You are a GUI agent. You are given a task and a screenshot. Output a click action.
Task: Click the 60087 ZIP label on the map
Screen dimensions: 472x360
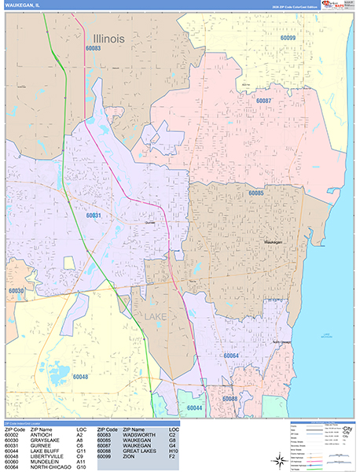click(x=263, y=101)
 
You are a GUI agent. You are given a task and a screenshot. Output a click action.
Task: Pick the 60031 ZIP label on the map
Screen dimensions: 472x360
click(x=94, y=215)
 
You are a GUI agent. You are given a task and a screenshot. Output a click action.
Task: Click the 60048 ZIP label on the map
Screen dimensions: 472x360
click(x=79, y=377)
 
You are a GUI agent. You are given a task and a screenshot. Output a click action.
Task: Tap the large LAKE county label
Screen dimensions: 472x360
click(x=157, y=316)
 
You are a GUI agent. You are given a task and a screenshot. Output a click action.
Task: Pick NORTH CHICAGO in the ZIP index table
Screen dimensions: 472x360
click(x=50, y=467)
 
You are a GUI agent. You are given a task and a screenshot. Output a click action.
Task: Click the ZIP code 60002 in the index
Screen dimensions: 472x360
click(x=12, y=434)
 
